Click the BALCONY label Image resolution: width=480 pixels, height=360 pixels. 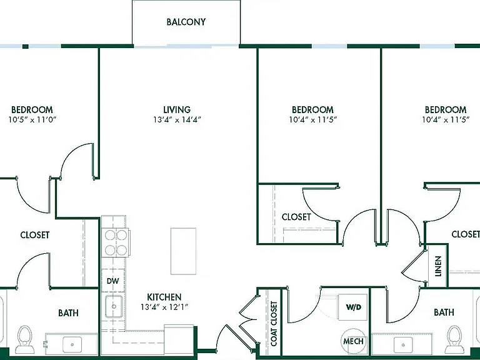click(x=186, y=22)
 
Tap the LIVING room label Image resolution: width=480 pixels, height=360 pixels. click(x=177, y=109)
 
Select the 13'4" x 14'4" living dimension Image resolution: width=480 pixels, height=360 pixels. click(x=177, y=120)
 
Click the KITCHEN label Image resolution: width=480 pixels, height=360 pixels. click(x=164, y=297)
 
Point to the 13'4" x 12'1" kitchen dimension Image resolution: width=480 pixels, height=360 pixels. click(x=164, y=307)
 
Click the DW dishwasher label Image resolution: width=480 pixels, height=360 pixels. click(x=113, y=281)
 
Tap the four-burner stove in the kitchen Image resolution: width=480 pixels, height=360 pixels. click(x=116, y=242)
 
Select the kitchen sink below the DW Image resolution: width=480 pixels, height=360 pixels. click(x=114, y=306)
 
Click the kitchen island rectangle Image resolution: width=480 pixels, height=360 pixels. click(x=183, y=251)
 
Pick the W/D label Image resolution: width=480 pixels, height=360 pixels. click(x=354, y=307)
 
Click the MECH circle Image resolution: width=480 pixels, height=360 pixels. click(x=353, y=341)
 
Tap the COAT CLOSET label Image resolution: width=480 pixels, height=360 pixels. click(x=274, y=324)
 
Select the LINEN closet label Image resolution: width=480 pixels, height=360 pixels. click(x=438, y=266)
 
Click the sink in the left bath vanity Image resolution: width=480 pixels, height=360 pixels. click(x=72, y=345)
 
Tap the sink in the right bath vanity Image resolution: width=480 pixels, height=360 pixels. click(x=403, y=345)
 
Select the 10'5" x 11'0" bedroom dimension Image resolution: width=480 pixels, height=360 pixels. click(x=32, y=120)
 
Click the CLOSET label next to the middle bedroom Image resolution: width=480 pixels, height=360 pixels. click(x=296, y=217)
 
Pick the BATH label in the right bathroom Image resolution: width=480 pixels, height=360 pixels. click(x=444, y=312)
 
